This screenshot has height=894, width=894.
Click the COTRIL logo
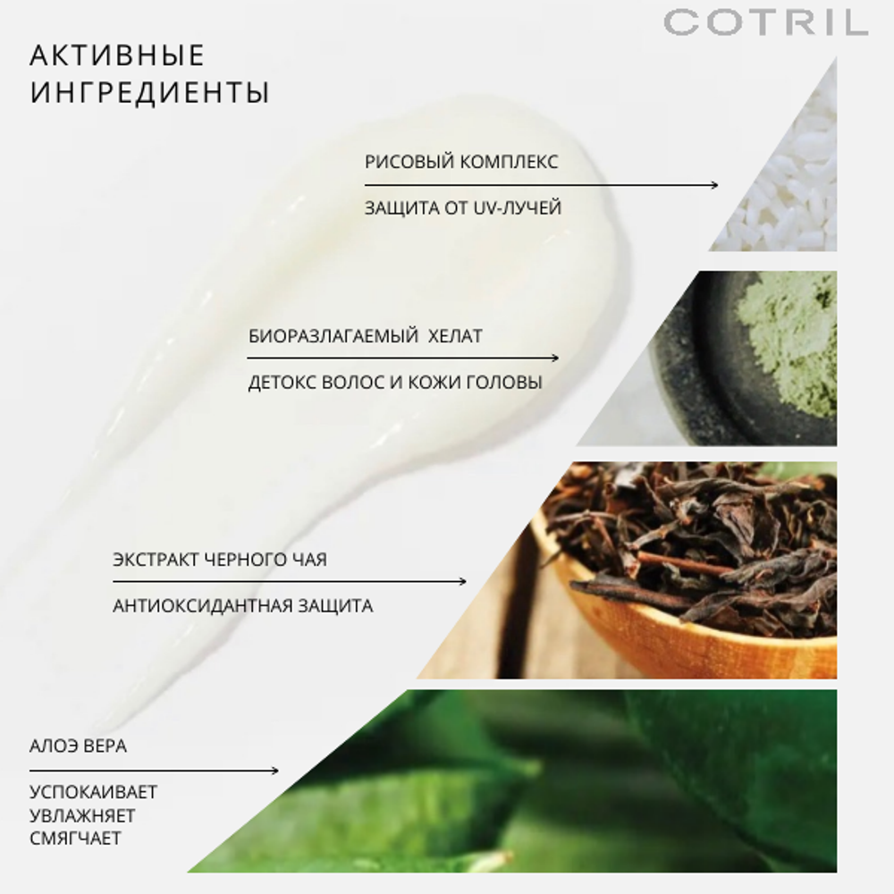pyautogui.click(x=766, y=22)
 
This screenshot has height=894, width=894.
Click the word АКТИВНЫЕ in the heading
pyautogui.click(x=117, y=55)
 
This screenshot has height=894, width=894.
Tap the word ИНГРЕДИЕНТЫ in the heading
pyautogui.click(x=149, y=93)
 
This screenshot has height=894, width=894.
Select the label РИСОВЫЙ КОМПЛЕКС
pyautogui.click(x=461, y=162)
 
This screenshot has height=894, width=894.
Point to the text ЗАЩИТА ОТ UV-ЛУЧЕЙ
pyautogui.click(x=463, y=208)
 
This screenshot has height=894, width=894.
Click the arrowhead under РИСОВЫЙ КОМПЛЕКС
pyautogui.click(x=714, y=185)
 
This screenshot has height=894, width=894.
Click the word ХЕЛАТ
pyautogui.click(x=455, y=336)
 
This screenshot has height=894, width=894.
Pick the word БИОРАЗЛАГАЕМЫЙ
pyautogui.click(x=333, y=336)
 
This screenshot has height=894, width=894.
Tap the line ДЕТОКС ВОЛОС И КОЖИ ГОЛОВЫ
pyautogui.click(x=395, y=383)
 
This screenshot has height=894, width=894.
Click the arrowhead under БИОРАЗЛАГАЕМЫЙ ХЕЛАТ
pyautogui.click(x=555, y=358)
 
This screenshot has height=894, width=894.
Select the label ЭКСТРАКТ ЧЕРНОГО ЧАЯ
pyautogui.click(x=220, y=560)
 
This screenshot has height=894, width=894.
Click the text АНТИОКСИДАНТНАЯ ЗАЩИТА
pyautogui.click(x=243, y=605)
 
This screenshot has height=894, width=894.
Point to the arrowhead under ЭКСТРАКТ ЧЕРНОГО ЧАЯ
pyautogui.click(x=462, y=582)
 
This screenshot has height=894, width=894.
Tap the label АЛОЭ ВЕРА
pyautogui.click(x=78, y=746)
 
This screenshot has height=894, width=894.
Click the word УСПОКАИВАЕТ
pyautogui.click(x=94, y=792)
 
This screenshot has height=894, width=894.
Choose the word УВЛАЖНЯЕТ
pyautogui.click(x=82, y=816)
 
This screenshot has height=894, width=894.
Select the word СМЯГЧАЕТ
pyautogui.click(x=76, y=839)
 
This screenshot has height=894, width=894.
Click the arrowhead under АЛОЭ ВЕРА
pyautogui.click(x=274, y=771)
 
